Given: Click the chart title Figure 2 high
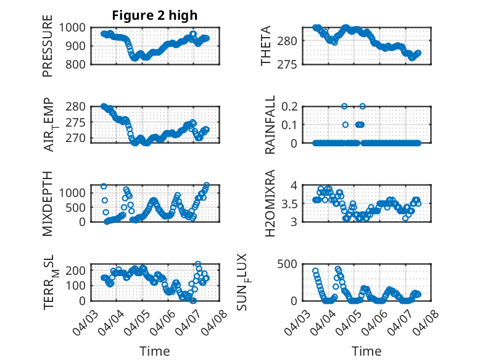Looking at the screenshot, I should [155, 15].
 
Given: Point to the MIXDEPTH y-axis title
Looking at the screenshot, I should [48, 203].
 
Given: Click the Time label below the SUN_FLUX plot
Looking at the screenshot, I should [366, 351].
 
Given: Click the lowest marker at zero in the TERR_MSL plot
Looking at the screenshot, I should [193, 301].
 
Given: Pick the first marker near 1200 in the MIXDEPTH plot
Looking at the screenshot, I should [104, 186].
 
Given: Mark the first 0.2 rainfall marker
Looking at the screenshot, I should [344, 106].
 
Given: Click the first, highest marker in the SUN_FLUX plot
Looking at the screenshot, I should [315, 271].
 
